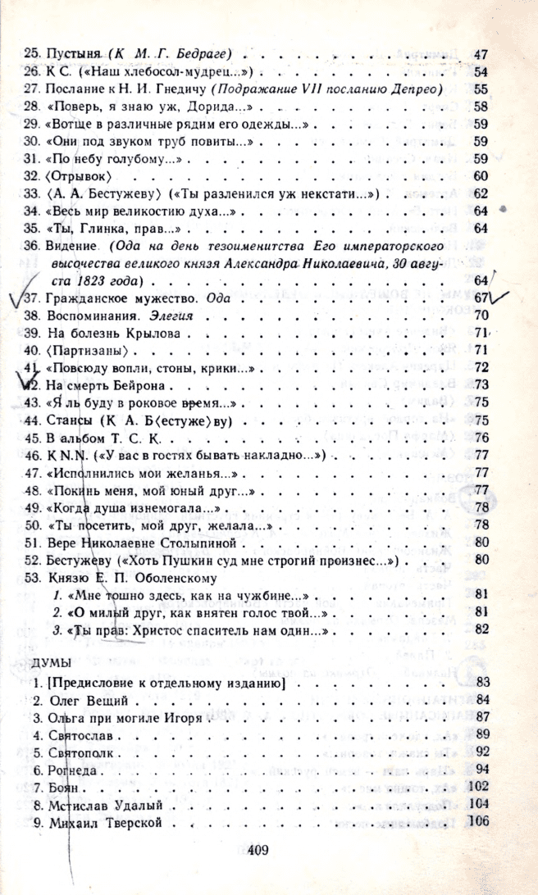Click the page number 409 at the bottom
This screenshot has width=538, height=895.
[258, 850]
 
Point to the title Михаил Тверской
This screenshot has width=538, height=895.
[100, 823]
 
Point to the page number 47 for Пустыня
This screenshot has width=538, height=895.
[481, 52]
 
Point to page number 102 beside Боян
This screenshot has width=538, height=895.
[478, 788]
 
